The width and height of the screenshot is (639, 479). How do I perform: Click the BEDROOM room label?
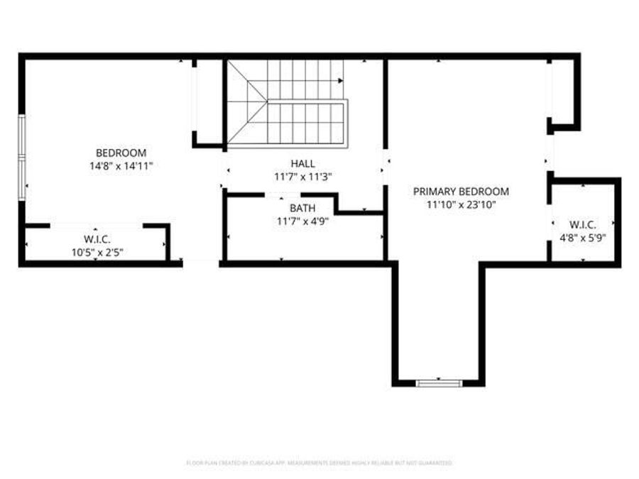click(121, 153)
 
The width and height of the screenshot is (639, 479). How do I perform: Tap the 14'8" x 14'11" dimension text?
click(121, 165)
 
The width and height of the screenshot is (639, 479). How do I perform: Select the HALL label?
click(302, 163)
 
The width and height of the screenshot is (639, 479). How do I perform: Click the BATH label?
click(302, 208)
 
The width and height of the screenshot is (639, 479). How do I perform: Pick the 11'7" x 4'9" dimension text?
click(302, 220)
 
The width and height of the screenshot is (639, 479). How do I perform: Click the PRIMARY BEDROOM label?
click(461, 192)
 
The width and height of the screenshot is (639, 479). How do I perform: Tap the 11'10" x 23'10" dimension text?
click(461, 204)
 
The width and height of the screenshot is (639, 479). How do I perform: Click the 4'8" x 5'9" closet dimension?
click(583, 238)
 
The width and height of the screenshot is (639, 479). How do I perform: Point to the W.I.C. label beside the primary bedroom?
click(583, 226)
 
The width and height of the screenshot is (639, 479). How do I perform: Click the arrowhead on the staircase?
click(341, 80)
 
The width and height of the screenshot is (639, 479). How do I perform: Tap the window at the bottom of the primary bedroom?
click(439, 383)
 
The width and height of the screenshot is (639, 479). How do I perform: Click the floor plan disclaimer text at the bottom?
click(319, 463)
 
